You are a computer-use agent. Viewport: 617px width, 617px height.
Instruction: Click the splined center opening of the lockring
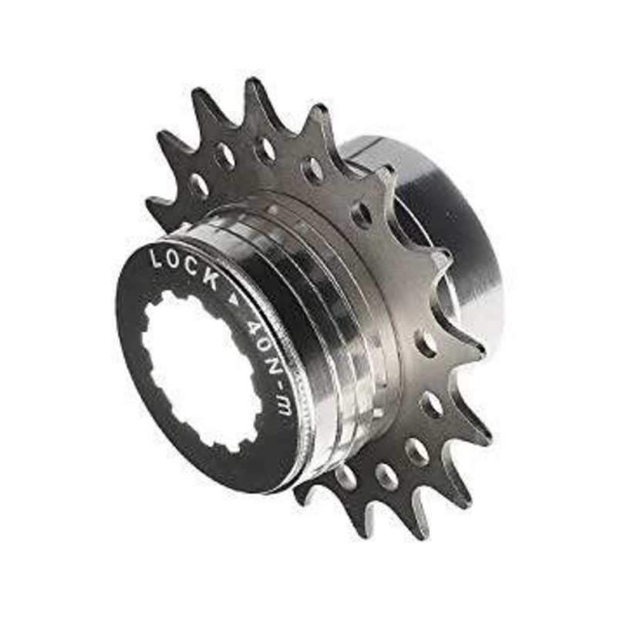(204, 370)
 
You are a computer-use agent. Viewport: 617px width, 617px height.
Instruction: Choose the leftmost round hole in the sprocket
(200, 186)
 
